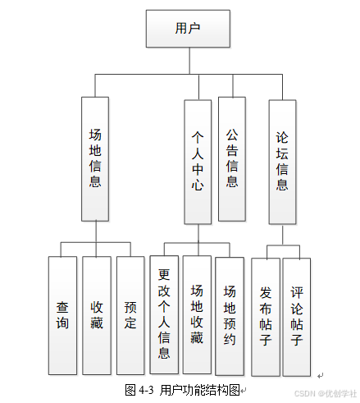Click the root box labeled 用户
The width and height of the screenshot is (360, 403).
[188, 29]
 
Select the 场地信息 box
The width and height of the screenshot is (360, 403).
[95, 159]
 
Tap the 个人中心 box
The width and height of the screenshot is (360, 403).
[198, 162]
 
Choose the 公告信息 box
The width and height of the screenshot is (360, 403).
[232, 159]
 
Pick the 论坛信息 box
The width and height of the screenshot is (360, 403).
[282, 162]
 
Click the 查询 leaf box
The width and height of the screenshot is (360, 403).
[62, 315]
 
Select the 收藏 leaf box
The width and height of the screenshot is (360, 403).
[97, 315]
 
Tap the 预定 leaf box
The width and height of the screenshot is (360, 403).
[130, 315]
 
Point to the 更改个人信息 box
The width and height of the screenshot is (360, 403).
[164, 314]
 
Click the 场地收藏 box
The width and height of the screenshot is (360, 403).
[197, 314]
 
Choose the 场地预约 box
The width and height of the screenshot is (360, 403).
[230, 316]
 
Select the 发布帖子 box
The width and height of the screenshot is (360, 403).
[266, 317]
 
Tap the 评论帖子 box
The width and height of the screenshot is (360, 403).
[297, 317]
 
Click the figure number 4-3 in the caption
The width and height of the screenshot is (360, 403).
[146, 390]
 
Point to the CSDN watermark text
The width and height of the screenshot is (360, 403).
[305, 393]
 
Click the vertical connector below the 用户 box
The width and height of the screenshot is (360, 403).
[189, 61]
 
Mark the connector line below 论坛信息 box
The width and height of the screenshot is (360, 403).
[283, 235]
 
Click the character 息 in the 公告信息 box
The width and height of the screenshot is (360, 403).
[232, 181]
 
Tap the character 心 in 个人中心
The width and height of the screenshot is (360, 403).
[198, 184]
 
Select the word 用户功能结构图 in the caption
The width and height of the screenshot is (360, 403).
[200, 390]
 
